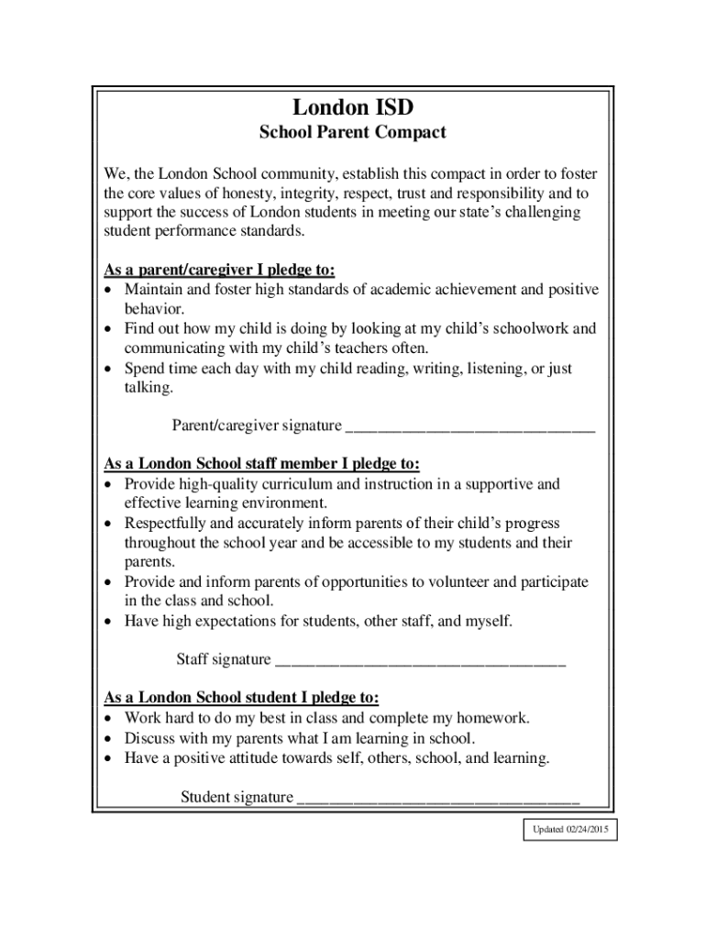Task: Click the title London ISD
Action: coord(352,107)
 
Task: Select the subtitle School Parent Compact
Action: coord(352,133)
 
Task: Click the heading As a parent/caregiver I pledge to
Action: coord(220,270)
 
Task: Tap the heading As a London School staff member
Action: coord(262,464)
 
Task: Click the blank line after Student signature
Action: coord(438,797)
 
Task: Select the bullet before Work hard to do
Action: coord(109,719)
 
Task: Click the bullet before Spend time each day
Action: coord(109,370)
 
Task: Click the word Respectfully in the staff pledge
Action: coord(166,524)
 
